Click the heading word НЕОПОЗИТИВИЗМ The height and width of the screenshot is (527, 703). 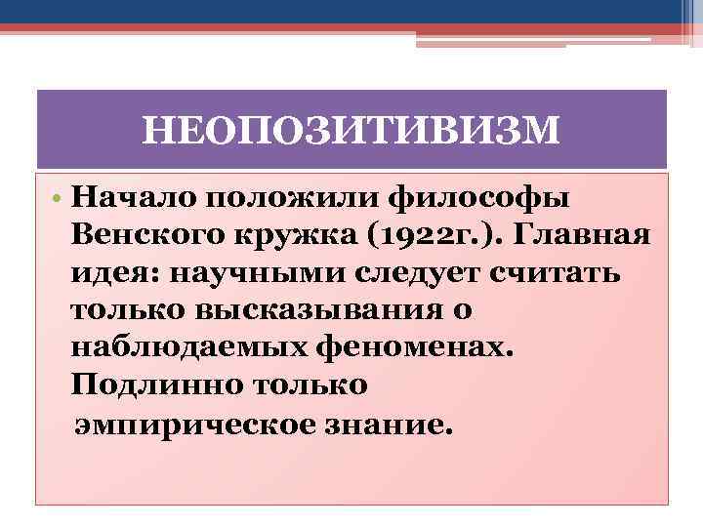(351, 130)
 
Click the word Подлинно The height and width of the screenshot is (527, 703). (149, 384)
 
